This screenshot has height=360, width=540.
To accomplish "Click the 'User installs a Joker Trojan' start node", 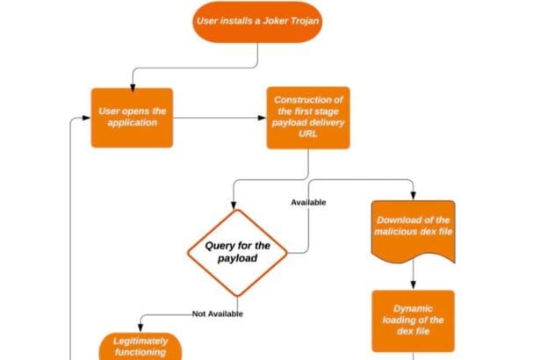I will click(x=256, y=20).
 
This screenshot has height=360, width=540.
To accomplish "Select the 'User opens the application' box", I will click(x=132, y=117).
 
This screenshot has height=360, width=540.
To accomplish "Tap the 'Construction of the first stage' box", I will click(x=307, y=117).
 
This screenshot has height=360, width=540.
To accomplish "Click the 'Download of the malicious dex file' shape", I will click(x=413, y=232).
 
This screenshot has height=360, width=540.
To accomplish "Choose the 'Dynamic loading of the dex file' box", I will click(x=413, y=320).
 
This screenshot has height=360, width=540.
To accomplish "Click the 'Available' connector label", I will click(x=308, y=202).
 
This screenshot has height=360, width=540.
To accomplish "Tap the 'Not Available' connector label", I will click(x=217, y=313).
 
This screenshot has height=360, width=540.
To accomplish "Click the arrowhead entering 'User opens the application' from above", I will click(x=132, y=84).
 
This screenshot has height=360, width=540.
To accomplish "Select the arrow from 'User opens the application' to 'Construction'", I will click(x=220, y=117).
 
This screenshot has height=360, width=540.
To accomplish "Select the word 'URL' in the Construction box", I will click(x=307, y=134).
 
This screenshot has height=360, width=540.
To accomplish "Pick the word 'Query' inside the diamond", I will click(x=216, y=245).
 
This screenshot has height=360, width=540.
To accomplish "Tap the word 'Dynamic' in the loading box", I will click(x=413, y=307).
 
